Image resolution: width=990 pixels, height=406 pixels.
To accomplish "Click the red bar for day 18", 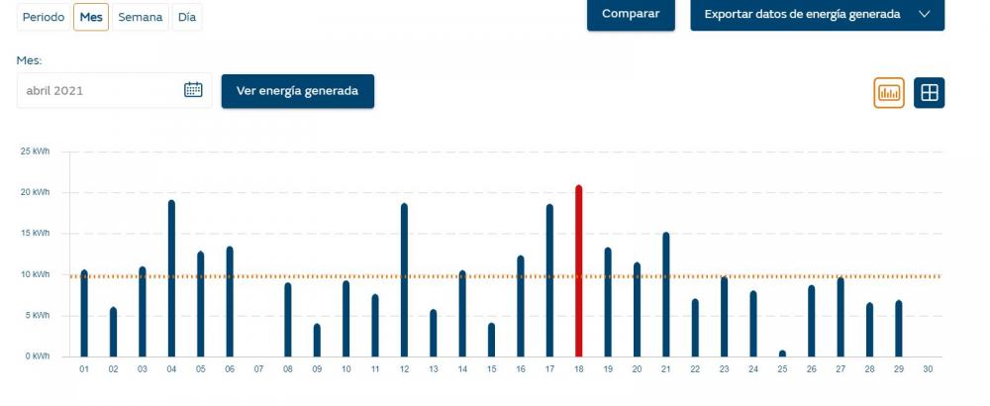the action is tap(578, 271).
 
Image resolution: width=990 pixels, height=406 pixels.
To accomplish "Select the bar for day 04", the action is tap(171, 278).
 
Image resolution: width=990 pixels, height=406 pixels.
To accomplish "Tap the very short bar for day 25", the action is tap(782, 354).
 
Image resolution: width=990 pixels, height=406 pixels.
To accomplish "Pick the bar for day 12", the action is tap(404, 279).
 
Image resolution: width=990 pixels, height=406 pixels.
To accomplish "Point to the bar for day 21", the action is tap(666, 294).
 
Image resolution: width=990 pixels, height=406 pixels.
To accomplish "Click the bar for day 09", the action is tap(317, 341).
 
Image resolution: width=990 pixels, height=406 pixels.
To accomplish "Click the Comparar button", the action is tap(631, 14).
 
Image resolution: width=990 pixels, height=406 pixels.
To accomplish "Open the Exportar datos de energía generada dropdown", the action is tap(817, 14).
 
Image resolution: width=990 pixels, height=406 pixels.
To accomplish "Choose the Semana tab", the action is tap(141, 17).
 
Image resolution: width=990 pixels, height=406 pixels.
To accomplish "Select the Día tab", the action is tap(187, 17).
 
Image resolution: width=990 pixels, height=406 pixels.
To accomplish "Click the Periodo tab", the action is tap(44, 17).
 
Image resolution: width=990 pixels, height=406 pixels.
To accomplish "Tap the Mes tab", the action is tap(91, 17).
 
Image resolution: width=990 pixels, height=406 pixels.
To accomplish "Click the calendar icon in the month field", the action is tap(193, 90).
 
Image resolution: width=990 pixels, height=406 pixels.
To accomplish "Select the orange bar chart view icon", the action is tap(889, 93).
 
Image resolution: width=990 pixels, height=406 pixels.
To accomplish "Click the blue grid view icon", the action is tap(930, 93).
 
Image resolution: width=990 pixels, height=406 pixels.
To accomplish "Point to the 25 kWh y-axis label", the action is tap(35, 152).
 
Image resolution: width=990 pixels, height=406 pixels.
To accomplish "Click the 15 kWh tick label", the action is tap(35, 234).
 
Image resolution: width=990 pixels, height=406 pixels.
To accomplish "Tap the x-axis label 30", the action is tap(928, 369).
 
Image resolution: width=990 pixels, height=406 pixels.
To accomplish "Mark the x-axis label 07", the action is tap(258, 369).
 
